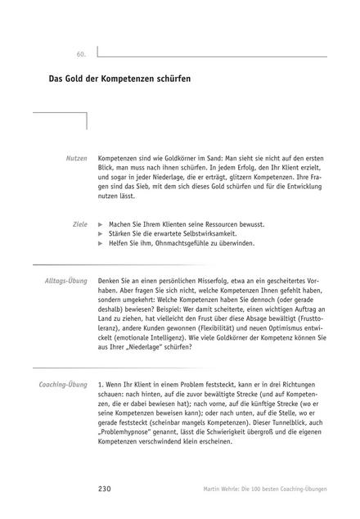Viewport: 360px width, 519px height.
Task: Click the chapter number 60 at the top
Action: [81, 53]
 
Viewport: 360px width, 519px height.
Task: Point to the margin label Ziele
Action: [79, 223]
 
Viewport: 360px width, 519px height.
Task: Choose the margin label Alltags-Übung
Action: [65, 281]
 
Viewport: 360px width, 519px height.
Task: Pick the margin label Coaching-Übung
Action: [63, 361]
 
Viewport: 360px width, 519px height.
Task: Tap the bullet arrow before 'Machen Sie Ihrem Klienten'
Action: [101, 223]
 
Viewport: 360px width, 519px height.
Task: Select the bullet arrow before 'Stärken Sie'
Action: [101, 233]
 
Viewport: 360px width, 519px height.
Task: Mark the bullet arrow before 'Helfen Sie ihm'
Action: [101, 244]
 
